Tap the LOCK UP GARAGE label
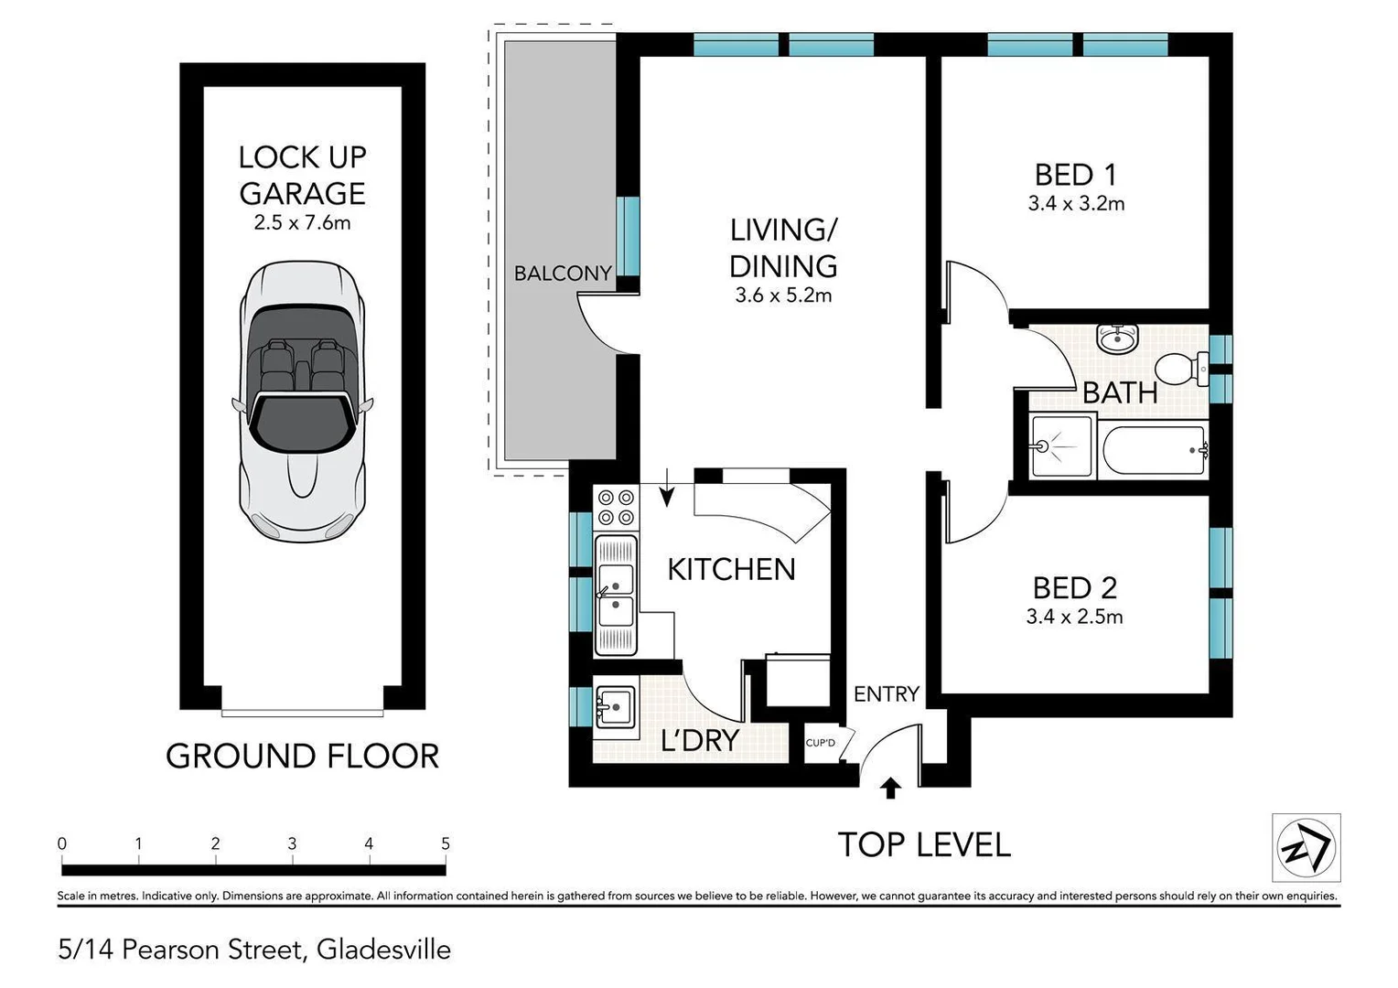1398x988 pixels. pos(302,175)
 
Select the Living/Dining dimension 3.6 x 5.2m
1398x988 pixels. pos(783,295)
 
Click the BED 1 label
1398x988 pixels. pos(1076,174)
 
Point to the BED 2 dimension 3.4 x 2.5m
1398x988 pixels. pos(1074,617)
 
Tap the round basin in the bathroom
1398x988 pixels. pos(1116,339)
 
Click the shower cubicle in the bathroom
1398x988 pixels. pos(1061,446)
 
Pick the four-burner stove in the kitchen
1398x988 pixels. pos(616,508)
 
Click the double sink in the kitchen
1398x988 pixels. pos(616,595)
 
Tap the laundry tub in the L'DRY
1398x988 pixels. pos(615,706)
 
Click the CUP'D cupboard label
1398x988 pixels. pos(820,742)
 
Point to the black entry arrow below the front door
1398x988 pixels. pos(890,788)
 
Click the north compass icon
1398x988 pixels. pos(1307,847)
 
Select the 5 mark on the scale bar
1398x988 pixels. pos(446,843)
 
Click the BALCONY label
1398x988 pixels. pos(562,273)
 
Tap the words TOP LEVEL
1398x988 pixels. pos(924,844)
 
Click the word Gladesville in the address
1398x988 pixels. pos(383,950)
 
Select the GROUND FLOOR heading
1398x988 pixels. pos(302,757)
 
